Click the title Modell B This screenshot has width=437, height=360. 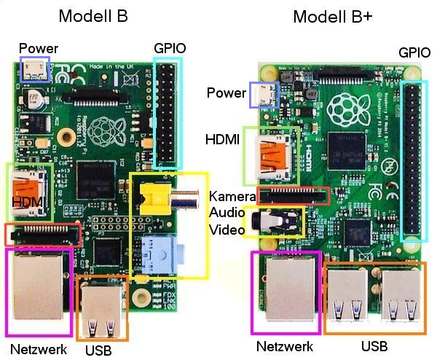tap(93, 16)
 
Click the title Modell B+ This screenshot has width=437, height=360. tap(333, 17)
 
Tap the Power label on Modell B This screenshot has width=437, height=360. tap(39, 49)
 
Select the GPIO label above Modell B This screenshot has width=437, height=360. tap(170, 48)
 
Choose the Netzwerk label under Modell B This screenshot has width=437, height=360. tap(39, 349)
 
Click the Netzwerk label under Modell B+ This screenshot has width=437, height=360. tap(285, 346)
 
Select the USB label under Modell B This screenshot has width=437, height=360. tap(98, 351)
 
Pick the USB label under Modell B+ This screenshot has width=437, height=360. tap(374, 346)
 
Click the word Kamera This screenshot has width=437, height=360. tap(232, 196)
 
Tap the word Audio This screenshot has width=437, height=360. tap(227, 213)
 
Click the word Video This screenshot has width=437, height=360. tap(227, 230)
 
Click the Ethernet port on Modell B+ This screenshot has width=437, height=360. tap(290, 289)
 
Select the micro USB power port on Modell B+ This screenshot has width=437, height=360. tap(264, 95)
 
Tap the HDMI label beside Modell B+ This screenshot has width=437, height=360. tap(222, 139)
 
